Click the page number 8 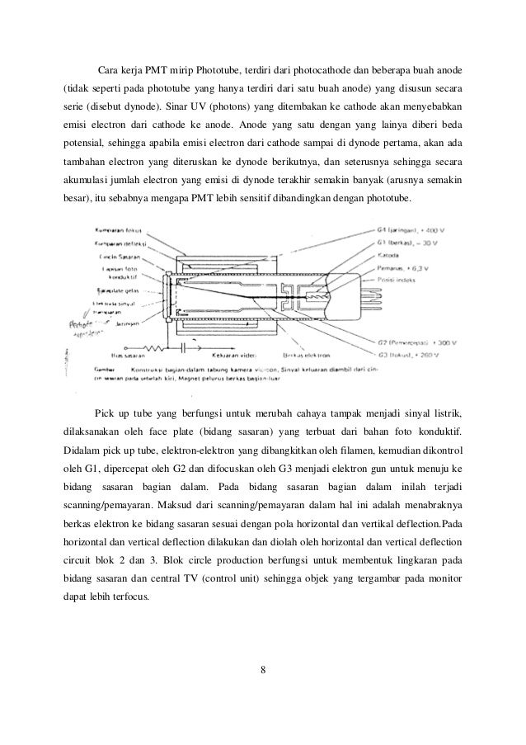(262, 668)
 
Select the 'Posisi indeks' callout (413, 281)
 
